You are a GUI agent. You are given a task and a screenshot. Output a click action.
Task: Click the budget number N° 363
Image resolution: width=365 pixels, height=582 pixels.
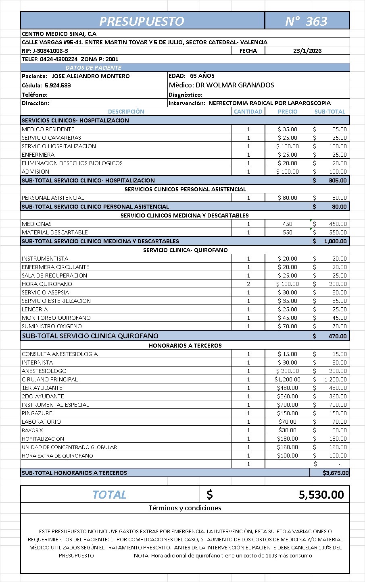pyautogui.click(x=306, y=21)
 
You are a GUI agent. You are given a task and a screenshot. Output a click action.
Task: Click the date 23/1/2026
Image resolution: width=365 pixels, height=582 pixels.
pyautogui.click(x=307, y=51)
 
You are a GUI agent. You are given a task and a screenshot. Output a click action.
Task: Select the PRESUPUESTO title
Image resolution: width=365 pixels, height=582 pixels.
pyautogui.click(x=142, y=21)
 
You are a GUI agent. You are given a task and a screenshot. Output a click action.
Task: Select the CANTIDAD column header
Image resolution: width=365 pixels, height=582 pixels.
pyautogui.click(x=248, y=112)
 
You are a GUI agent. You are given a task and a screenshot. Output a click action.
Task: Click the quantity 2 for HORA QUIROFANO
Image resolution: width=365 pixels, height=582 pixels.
pyautogui.click(x=248, y=284)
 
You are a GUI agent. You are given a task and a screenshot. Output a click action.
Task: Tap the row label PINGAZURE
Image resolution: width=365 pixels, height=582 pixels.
pyautogui.click(x=37, y=413)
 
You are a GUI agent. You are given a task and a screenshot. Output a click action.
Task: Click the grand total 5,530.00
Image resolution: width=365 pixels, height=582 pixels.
pyautogui.click(x=321, y=495)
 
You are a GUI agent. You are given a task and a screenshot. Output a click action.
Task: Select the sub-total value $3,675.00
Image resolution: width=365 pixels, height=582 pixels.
pyautogui.click(x=336, y=473)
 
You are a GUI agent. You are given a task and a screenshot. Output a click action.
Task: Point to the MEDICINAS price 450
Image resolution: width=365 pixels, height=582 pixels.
pyautogui.click(x=288, y=224)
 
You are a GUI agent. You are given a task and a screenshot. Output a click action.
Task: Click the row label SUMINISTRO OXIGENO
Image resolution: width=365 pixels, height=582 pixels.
pyautogui.click(x=52, y=326)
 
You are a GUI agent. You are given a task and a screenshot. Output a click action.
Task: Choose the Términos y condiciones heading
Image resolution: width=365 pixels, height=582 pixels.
pyautogui.click(x=185, y=508)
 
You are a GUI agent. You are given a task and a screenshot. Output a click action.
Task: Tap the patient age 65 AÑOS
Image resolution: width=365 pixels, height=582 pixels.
pyautogui.click(x=202, y=76)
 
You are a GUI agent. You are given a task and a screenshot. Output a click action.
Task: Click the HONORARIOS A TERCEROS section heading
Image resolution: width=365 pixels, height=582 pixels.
pyautogui.click(x=185, y=346)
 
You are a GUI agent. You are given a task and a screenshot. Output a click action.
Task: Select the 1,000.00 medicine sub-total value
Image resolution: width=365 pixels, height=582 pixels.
pyautogui.click(x=335, y=241)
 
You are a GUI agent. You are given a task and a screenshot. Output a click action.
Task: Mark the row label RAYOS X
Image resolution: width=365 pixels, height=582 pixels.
pyautogui.click(x=32, y=430)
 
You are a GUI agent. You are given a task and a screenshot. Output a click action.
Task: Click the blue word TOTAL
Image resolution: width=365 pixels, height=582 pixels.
pyautogui.click(x=109, y=495)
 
